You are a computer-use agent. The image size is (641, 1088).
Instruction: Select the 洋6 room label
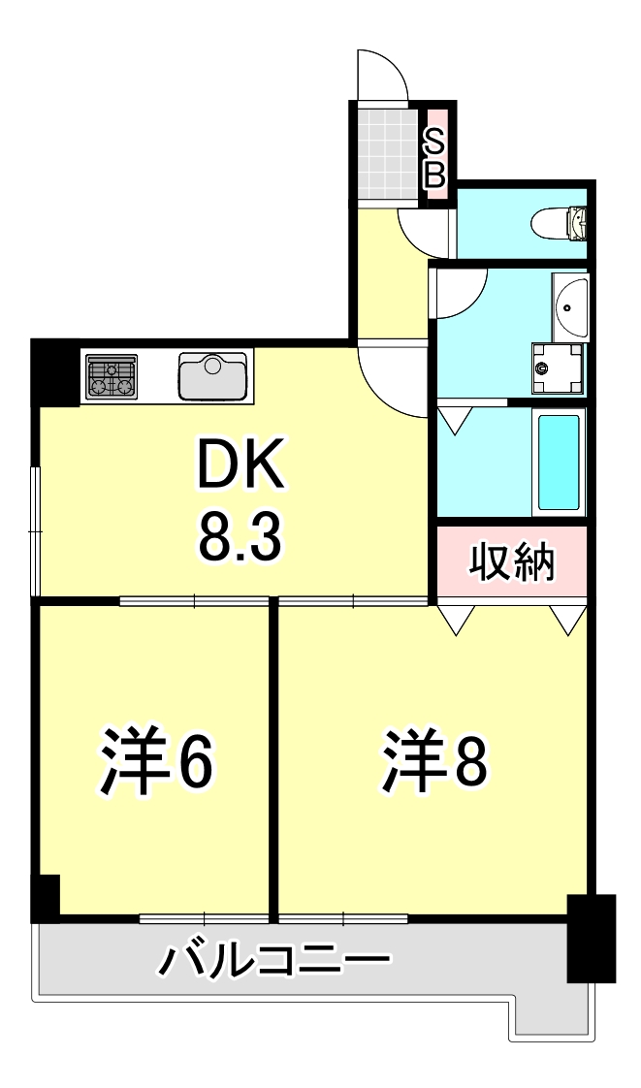coord(155,762)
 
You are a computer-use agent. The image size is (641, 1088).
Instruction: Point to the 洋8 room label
coord(433,762)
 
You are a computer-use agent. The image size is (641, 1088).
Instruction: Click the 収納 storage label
coord(512,562)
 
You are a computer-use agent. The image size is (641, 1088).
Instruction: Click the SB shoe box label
coord(436,160)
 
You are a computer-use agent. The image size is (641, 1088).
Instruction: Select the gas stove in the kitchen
coord(112,376)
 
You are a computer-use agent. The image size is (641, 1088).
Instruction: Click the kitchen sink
coord(213,375)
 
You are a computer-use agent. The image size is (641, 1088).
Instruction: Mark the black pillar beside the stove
coord(55,370)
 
